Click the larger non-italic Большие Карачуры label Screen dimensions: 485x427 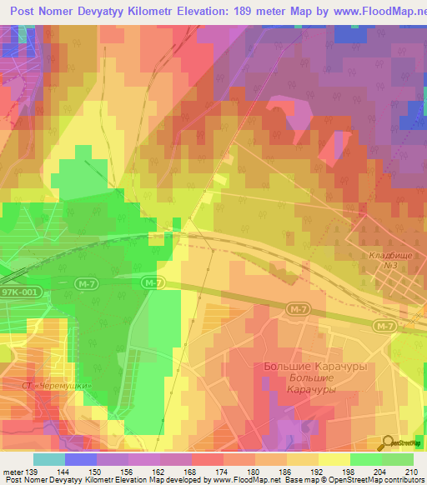click(x=299, y=367)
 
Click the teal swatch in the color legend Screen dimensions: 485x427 click(x=48, y=459)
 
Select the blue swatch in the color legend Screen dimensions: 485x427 click(x=80, y=459)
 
